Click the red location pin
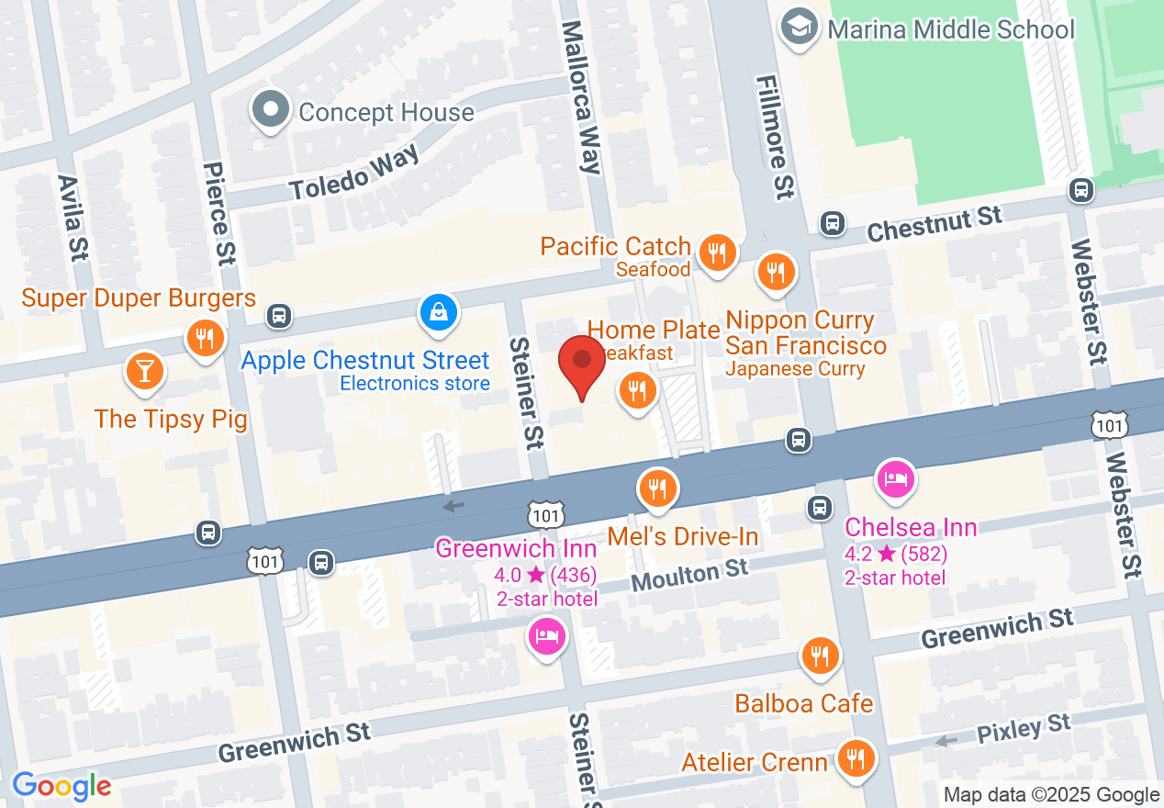[x=582, y=362]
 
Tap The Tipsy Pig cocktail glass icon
[x=144, y=370]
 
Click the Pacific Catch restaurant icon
[x=716, y=252]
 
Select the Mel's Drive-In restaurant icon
[x=656, y=488]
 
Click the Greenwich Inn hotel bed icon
[x=547, y=635]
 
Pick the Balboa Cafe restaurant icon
[x=819, y=656]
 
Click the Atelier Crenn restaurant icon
[x=856, y=758]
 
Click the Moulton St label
[x=689, y=576]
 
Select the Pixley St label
[x=1024, y=729]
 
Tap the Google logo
[x=62, y=786]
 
